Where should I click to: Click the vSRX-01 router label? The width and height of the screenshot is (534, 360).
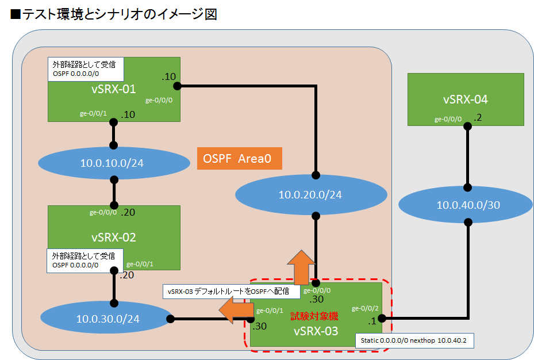114,89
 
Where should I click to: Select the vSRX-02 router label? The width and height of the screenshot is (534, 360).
114,237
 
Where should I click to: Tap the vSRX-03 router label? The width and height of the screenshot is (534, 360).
316,331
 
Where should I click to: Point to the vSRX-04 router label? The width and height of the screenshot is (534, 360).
466,99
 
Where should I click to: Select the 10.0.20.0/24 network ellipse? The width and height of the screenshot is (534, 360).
310,195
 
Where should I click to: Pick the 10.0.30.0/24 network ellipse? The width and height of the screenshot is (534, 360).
107,318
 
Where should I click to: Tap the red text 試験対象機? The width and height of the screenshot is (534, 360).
314,316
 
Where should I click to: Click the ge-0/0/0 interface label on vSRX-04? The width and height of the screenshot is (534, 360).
448,120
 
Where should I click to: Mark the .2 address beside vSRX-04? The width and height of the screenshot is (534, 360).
478,118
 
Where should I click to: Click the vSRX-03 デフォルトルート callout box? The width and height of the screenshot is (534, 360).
232,292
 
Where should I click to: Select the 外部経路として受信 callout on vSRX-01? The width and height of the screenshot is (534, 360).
84,68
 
